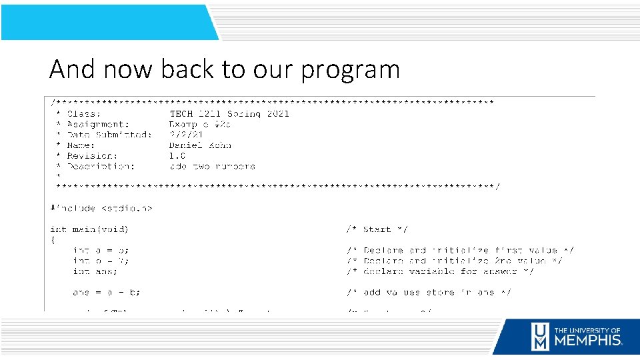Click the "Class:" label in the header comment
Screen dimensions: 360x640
(84, 113)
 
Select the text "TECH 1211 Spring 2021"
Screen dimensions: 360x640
(229, 113)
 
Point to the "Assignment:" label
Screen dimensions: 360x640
(98, 124)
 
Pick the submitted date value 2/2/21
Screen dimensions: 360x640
(186, 135)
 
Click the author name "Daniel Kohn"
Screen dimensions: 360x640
(200, 145)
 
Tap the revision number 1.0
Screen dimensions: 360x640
(177, 156)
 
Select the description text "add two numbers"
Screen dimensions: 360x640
(212, 167)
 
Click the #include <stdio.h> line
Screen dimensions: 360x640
(101, 208)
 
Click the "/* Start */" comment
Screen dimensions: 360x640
(377, 229)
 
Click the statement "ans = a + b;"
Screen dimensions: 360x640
(107, 293)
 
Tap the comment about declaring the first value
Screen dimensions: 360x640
(460, 251)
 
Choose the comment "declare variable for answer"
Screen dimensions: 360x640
(440, 271)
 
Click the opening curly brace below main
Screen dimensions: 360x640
(53, 240)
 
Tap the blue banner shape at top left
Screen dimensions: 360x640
(107, 22)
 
